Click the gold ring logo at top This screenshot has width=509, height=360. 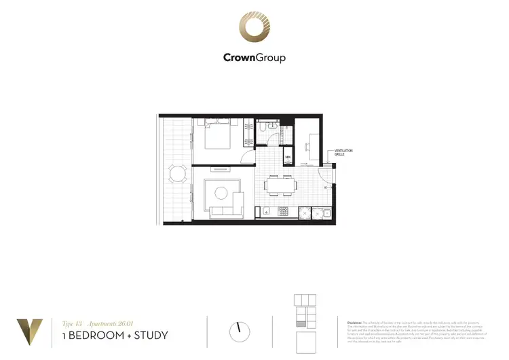254,27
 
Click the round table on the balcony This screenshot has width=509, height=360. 178,175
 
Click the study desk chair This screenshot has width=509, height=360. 309,147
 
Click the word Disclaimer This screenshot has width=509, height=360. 356,323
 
